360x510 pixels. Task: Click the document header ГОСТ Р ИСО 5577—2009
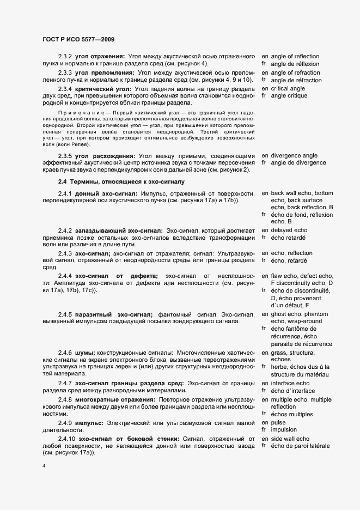[78, 39]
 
